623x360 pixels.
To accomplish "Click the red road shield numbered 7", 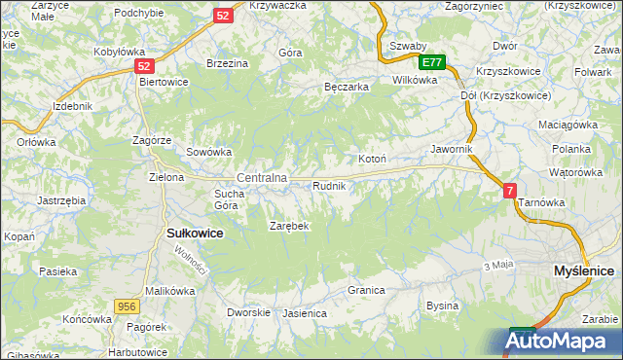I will point(510,192).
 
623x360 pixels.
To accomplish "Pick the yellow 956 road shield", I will point(126,305).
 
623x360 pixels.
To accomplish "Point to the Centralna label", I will point(262,178).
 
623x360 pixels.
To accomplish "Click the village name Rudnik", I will point(329,185).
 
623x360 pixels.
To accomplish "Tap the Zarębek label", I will point(288,226).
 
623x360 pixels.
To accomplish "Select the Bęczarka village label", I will point(346,87).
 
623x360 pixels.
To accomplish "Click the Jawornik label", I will point(452,149).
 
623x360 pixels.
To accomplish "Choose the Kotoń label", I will point(373,159).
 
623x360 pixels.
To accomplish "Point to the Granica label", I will point(367,290).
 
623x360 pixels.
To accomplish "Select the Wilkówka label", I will point(415,80).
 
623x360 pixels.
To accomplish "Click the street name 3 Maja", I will point(497,266).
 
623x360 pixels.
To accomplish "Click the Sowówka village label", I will point(208,152).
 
